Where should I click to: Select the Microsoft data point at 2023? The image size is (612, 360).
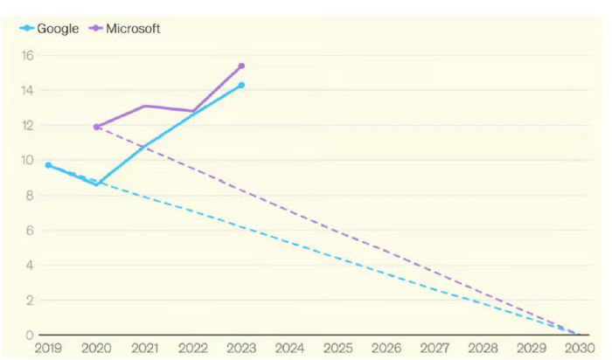(x=241, y=66)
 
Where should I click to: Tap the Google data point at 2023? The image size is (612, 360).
(x=241, y=85)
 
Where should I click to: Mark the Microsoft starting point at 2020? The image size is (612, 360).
(x=96, y=127)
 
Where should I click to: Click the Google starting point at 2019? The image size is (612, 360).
(x=48, y=165)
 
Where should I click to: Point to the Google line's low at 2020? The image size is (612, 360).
(x=96, y=184)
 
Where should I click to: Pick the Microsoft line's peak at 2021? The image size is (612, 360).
(x=144, y=106)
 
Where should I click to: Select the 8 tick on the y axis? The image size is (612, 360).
(x=28, y=196)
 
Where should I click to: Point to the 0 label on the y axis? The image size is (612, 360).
(x=28, y=336)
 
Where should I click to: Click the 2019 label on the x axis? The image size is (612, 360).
(x=48, y=349)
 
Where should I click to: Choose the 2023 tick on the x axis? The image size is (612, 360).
(x=241, y=349)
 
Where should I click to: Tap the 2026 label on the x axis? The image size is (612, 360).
(x=386, y=349)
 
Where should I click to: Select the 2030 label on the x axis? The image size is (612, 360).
(x=579, y=349)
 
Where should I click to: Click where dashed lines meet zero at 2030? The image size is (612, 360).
(x=577, y=335)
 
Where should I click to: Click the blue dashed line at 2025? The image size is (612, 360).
(x=337, y=258)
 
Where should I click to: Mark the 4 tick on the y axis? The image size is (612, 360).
(x=28, y=266)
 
